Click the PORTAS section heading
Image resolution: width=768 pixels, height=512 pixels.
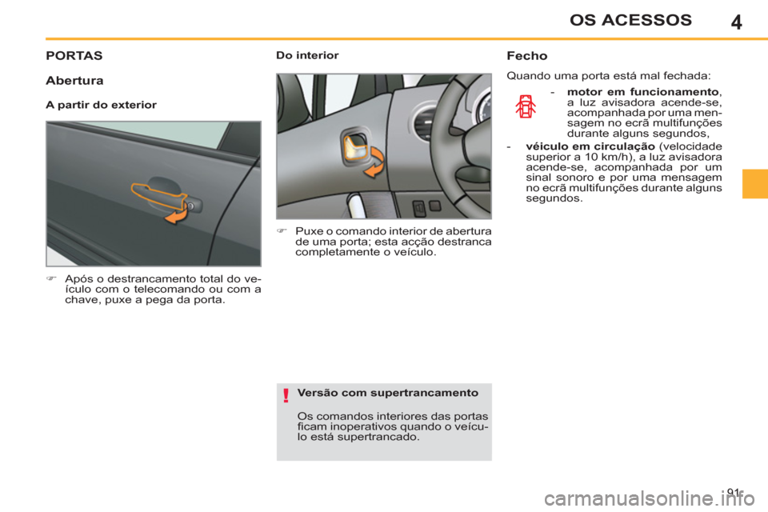pyautogui.click(x=74, y=57)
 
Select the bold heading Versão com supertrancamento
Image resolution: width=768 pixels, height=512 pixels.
pyautogui.click(x=387, y=393)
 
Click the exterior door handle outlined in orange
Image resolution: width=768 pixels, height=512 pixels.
pyautogui.click(x=157, y=193)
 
